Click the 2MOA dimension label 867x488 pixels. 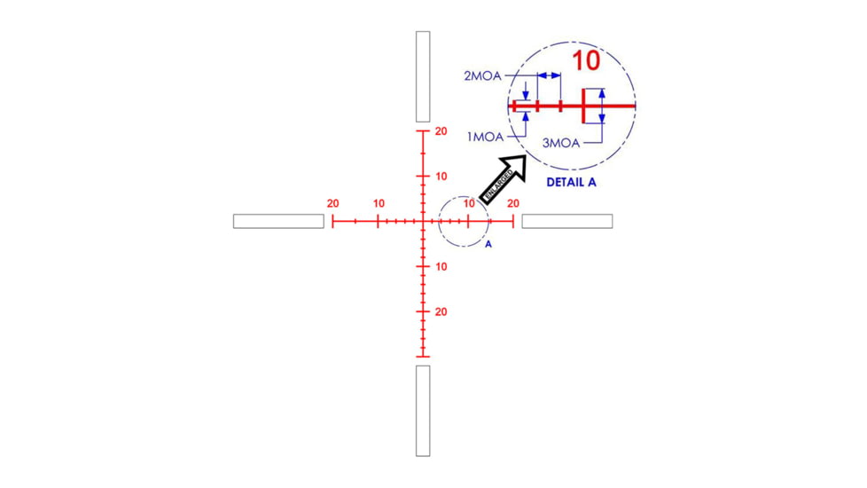(x=482, y=76)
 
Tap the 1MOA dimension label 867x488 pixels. (x=486, y=138)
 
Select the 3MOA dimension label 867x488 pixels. (x=560, y=142)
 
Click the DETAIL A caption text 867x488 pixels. (x=571, y=181)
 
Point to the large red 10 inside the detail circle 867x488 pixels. (x=585, y=61)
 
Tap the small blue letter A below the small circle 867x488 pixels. (x=488, y=244)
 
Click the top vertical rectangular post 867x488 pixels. (x=423, y=76)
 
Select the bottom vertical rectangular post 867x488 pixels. (x=423, y=410)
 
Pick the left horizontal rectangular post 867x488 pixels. (x=278, y=221)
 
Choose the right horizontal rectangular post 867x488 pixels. (x=566, y=221)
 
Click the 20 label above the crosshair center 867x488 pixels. (x=441, y=131)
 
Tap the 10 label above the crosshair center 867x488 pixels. (x=441, y=176)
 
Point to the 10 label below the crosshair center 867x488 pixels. (x=441, y=267)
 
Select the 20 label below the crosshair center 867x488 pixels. (x=441, y=312)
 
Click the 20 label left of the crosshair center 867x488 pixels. (x=332, y=203)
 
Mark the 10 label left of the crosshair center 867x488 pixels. (x=379, y=203)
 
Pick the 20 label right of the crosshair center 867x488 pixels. (x=513, y=203)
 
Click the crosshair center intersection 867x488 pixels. (x=423, y=221)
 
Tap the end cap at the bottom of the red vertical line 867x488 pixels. (x=423, y=358)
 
